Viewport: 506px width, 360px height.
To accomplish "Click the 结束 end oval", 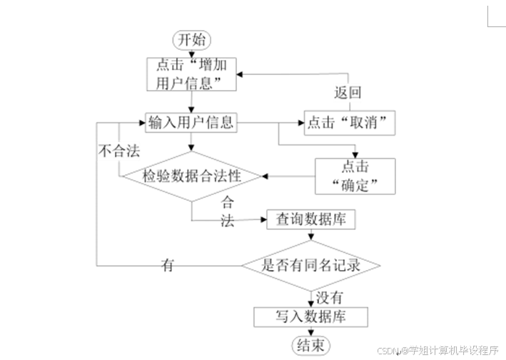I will pos(311,345).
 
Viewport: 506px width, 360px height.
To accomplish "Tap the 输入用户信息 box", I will pos(191,123).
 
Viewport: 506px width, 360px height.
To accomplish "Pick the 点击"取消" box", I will pos(350,123).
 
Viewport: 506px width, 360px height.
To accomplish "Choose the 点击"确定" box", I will pos(355,176).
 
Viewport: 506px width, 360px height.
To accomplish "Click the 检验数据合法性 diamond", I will pos(191,175).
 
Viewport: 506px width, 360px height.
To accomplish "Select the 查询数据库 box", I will pos(311,219).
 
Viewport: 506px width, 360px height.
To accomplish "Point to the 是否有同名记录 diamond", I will pos(310,265).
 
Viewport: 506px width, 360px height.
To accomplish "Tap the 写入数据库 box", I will pos(311,316).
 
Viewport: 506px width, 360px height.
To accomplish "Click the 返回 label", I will pos(348,92).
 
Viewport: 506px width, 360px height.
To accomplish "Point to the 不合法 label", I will pos(118,150).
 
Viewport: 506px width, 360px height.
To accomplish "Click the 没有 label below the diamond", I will pos(329,296).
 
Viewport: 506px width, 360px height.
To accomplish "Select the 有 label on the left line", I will pos(168,265).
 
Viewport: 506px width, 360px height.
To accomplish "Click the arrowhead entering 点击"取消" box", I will pos(300,123).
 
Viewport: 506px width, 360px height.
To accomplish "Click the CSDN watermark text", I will pos(437,351).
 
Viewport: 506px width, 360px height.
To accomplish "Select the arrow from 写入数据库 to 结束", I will pos(311,330).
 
